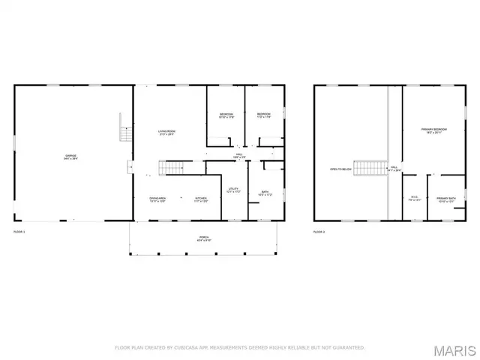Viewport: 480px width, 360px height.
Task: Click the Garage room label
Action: pyautogui.click(x=70, y=157)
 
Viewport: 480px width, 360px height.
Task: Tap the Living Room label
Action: pyautogui.click(x=166, y=133)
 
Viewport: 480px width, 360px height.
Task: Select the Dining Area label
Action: pyautogui.click(x=157, y=199)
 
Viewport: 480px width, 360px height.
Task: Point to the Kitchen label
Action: pyautogui.click(x=201, y=199)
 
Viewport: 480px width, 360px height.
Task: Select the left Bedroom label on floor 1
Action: pyautogui.click(x=226, y=116)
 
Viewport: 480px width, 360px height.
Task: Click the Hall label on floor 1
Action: pyautogui.click(x=238, y=156)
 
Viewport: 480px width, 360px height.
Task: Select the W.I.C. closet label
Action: pyautogui.click(x=414, y=199)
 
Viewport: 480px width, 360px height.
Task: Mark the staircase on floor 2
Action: pyautogui.click(x=369, y=168)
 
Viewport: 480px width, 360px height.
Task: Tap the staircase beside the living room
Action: pyautogui.click(x=174, y=167)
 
